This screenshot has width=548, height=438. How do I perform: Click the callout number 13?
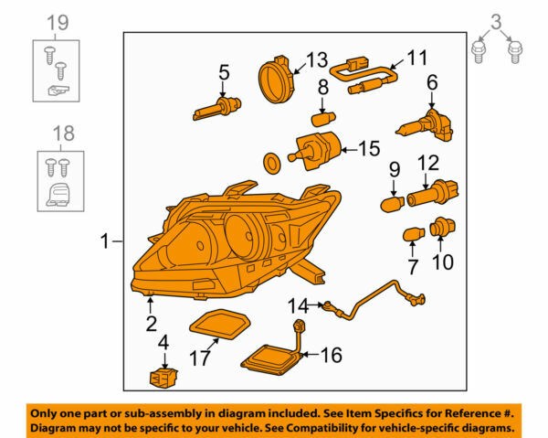point(315,59)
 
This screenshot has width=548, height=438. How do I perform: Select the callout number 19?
point(57,21)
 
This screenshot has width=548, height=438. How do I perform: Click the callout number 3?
point(495,20)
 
